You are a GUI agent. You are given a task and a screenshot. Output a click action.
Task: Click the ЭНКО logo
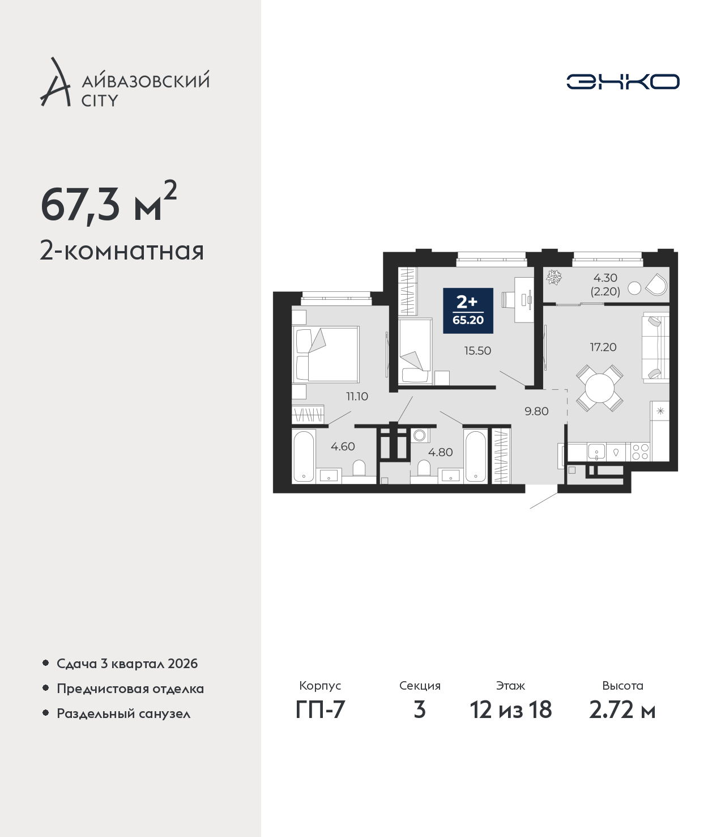(622, 82)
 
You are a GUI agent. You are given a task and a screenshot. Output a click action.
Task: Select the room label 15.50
(477, 351)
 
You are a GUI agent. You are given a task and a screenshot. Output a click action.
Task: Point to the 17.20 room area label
(603, 347)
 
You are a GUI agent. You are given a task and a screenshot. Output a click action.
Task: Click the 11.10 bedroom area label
(357, 397)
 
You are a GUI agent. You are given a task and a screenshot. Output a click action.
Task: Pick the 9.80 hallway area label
(536, 411)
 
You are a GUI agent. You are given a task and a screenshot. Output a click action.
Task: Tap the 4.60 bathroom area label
(343, 447)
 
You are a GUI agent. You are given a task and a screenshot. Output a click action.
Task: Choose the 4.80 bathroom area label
(441, 452)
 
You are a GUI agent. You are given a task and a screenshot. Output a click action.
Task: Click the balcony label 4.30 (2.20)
(605, 284)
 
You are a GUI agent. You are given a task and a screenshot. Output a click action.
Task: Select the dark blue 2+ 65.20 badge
(468, 311)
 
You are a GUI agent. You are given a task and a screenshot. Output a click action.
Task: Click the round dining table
(599, 388)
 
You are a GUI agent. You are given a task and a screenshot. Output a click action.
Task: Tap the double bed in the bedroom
(326, 354)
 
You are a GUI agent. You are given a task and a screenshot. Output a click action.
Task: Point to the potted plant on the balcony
(554, 277)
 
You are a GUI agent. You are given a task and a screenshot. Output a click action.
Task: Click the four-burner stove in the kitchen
(641, 452)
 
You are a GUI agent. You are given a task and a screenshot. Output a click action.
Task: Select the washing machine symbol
(419, 435)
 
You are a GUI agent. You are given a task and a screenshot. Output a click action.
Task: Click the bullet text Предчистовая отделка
(130, 689)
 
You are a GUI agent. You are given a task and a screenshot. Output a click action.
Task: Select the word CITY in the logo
(100, 100)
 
